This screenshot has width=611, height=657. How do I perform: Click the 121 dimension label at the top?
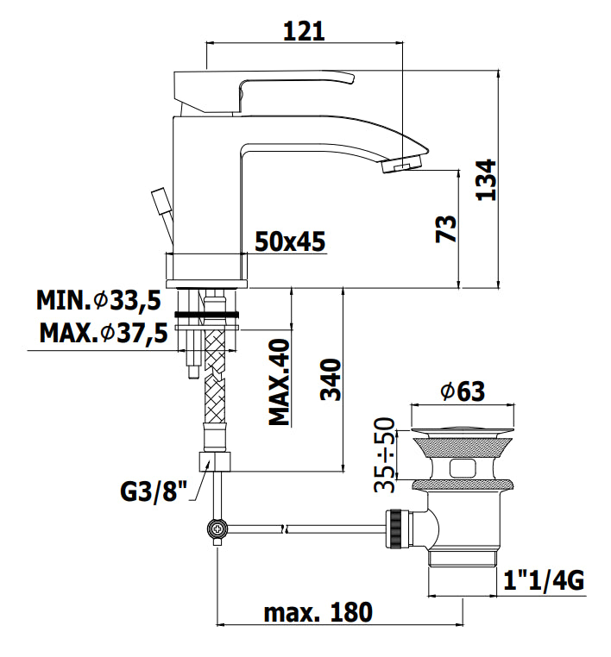(x=304, y=31)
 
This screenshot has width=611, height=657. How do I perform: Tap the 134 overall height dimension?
(x=487, y=179)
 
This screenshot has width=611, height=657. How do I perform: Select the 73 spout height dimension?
(x=446, y=228)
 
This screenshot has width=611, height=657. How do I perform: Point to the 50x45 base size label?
(x=290, y=241)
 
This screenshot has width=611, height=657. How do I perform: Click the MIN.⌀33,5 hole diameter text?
(x=98, y=300)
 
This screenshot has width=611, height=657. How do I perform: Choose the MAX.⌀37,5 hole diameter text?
(x=104, y=334)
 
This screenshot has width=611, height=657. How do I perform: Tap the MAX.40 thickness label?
(x=280, y=382)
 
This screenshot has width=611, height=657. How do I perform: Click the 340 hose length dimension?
(x=331, y=379)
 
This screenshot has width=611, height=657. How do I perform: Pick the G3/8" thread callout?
(x=154, y=491)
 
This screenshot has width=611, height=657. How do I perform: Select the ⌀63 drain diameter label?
(x=463, y=391)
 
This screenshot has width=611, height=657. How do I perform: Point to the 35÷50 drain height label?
(x=385, y=454)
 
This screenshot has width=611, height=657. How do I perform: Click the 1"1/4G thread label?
(x=544, y=581)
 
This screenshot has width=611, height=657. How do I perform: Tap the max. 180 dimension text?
(x=318, y=612)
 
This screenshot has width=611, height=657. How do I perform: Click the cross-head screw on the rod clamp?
(x=218, y=529)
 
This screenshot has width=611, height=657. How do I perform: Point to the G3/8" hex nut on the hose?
(x=215, y=461)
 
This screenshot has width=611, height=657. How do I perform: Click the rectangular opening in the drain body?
(x=463, y=469)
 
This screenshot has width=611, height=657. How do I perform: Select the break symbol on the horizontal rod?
(x=284, y=529)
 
